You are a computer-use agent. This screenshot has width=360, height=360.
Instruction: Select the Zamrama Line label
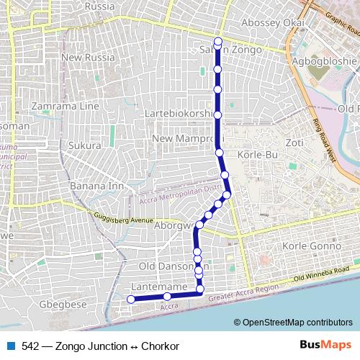click(65, 106)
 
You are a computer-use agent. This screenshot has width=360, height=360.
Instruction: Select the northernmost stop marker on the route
click(217, 41)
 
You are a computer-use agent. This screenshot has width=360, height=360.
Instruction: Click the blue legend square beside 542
click(10, 346)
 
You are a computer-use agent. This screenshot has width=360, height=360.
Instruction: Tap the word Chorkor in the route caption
click(160, 346)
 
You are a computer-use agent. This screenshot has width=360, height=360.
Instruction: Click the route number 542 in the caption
click(30, 346)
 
